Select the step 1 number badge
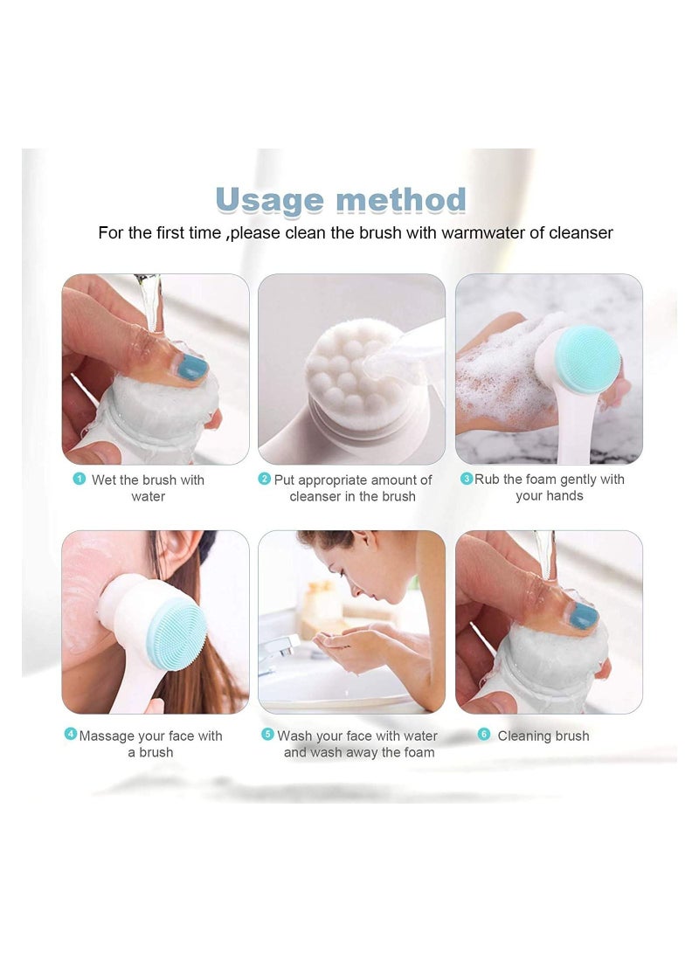coord(79,479)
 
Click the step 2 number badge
coord(265,479)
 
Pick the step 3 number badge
coord(467,479)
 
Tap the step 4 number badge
coord(71,735)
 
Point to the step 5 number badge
coord(267,735)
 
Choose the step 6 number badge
coord(484,735)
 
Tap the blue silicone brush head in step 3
coord(588,360)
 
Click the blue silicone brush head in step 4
coord(176,633)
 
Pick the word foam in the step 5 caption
coord(419,752)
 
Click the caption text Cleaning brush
coord(543,736)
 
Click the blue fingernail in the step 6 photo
coord(584,615)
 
